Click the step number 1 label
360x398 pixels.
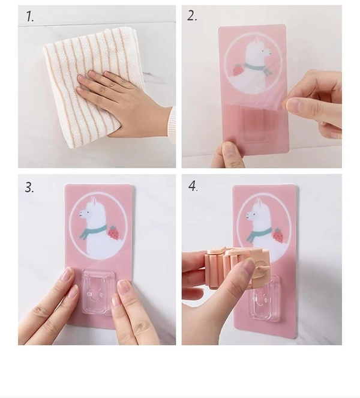[29, 17]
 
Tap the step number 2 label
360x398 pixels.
[192, 16]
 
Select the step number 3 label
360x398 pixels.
[29, 187]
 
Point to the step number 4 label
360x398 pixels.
[193, 186]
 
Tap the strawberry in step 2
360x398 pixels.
[237, 70]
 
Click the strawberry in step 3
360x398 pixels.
[113, 233]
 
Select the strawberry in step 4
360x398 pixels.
[278, 235]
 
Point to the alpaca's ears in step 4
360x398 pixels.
[258, 202]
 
